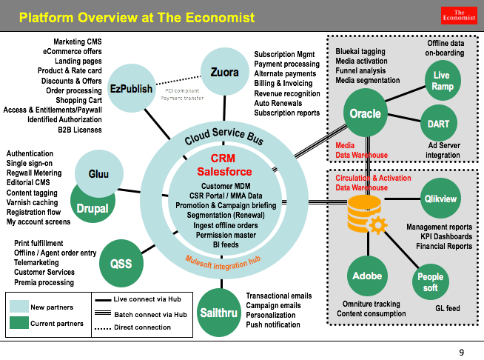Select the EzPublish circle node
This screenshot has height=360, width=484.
pos(131,89)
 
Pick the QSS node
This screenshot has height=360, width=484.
pos(121,263)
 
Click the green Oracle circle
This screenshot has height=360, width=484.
pos(365,113)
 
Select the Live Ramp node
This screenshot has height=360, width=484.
pos(442,81)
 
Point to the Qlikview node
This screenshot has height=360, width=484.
pos(440,199)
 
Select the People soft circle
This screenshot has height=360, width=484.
pos(431,282)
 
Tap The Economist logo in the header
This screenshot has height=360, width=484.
pos(463,15)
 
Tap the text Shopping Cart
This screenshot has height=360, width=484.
pos(78,100)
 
